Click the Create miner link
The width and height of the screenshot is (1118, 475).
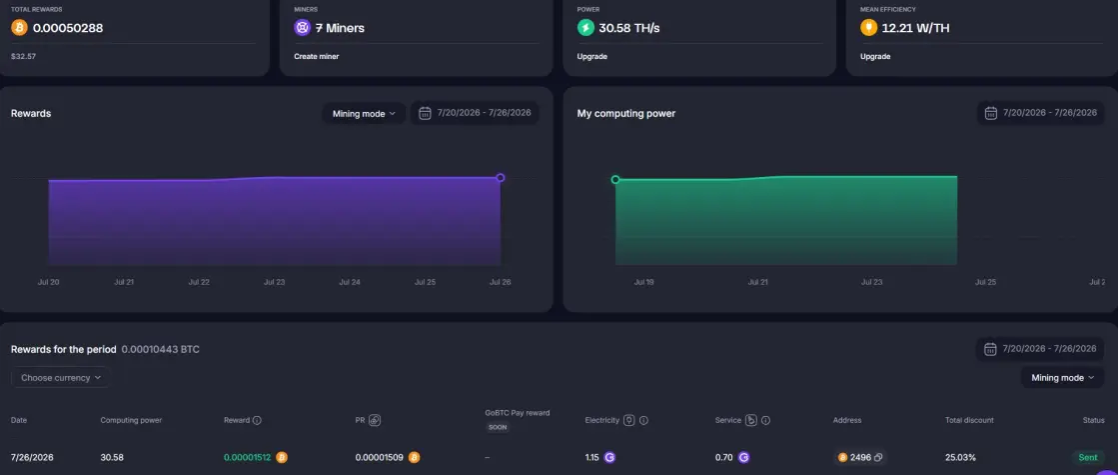tap(316, 56)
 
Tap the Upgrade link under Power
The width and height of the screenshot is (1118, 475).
tap(591, 56)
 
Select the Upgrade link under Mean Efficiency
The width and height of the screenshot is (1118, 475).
tap(875, 56)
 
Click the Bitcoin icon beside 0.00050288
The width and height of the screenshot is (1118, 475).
tap(19, 28)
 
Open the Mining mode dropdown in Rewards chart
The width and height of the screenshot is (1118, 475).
tap(364, 113)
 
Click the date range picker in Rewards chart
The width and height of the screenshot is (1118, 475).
tap(475, 113)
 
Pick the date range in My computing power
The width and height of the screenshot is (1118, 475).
tap(1040, 113)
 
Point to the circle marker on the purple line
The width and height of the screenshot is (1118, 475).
tap(500, 178)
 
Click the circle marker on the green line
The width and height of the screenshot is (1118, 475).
tap(615, 180)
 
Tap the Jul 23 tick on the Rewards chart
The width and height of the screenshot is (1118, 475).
tap(274, 282)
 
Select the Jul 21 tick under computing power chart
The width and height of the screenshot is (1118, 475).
tap(758, 282)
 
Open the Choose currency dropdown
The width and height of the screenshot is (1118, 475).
tap(61, 378)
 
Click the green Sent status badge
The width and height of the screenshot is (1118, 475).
tap(1087, 457)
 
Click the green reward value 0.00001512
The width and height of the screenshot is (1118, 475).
tap(248, 457)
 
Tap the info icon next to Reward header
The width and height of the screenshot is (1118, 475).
tap(258, 420)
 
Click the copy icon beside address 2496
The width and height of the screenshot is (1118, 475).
tap(878, 457)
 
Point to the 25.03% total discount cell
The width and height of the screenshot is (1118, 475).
tap(960, 457)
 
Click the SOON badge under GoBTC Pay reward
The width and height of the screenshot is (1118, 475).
tap(499, 427)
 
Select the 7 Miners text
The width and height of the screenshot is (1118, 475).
tap(340, 29)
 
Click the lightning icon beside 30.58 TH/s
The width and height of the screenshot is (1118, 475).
tap(585, 28)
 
